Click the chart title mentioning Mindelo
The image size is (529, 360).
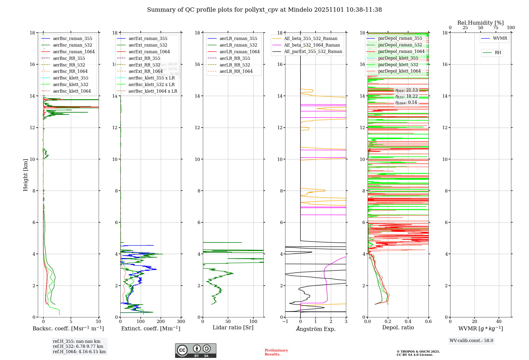(264, 10)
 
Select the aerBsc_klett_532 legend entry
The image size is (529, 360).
(71, 85)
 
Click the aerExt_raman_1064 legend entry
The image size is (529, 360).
(149, 52)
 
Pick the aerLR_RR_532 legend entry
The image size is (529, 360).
(235, 65)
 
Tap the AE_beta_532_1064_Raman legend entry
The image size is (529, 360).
(312, 45)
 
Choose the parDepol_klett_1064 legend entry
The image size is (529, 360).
(399, 71)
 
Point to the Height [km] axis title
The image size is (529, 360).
(25, 175)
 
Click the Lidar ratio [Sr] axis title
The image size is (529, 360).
(233, 328)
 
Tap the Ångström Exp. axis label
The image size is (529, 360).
(316, 329)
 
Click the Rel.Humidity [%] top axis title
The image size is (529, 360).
(480, 23)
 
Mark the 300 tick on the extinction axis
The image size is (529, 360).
(181, 322)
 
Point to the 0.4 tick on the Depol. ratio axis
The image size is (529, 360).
(408, 322)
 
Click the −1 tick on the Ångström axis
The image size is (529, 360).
(285, 322)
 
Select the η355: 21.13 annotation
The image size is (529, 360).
(407, 91)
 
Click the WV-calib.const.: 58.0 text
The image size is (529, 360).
(471, 341)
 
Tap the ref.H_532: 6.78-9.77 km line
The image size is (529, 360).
(78, 346)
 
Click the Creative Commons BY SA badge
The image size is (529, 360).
(196, 350)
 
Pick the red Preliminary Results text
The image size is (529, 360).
(276, 352)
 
